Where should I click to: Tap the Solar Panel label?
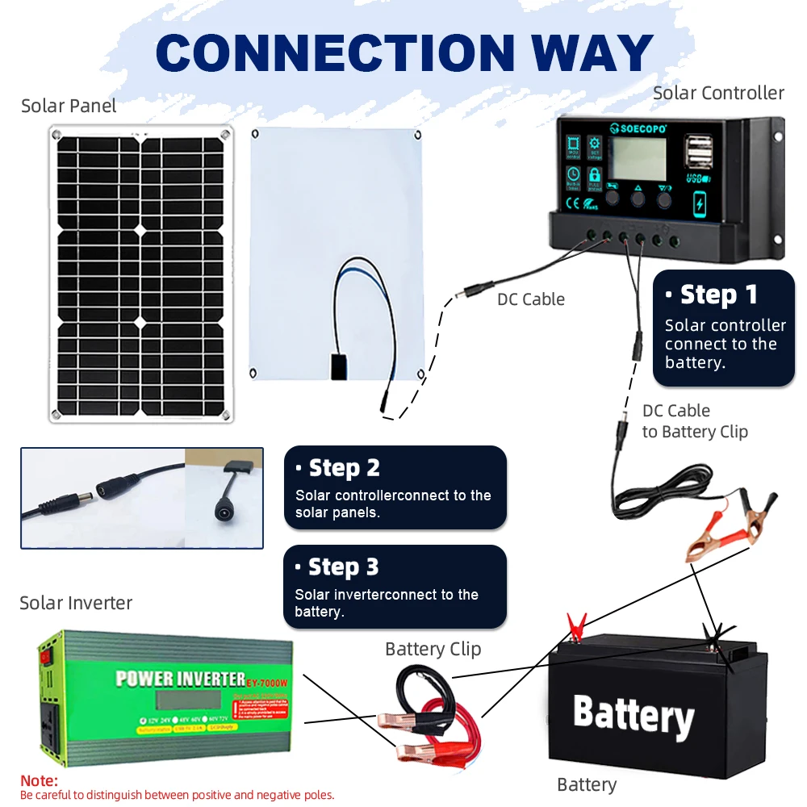pyautogui.click(x=69, y=106)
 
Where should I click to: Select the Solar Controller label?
pyautogui.click(x=718, y=93)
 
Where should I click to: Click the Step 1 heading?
pyautogui.click(x=718, y=295)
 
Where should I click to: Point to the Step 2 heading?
pyautogui.click(x=344, y=468)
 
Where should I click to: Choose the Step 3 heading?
pyautogui.click(x=343, y=567)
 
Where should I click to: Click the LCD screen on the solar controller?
pyautogui.click(x=637, y=158)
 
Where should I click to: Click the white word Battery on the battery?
pyautogui.click(x=633, y=715)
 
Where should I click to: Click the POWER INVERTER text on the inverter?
pyautogui.click(x=180, y=678)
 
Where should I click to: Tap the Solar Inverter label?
pyautogui.click(x=76, y=603)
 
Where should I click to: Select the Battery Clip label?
pyautogui.click(x=433, y=649)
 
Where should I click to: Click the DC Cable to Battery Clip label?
pyautogui.click(x=694, y=421)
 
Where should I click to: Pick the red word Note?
pyautogui.click(x=39, y=781)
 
